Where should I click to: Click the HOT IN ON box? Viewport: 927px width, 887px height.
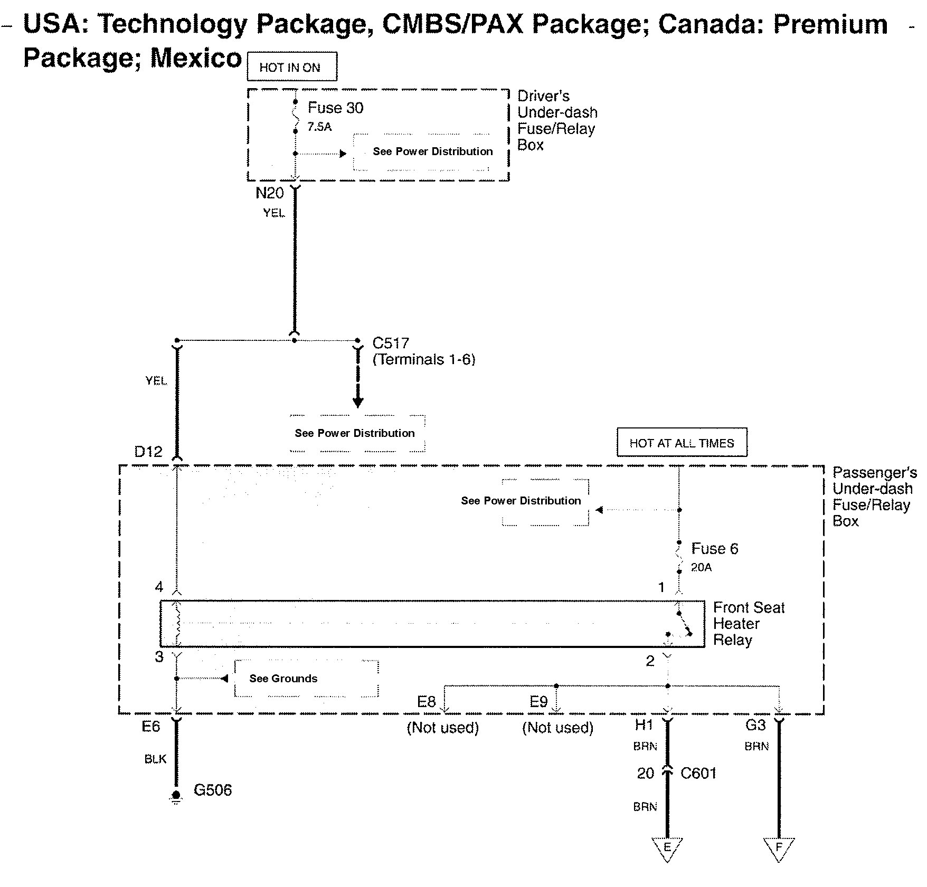[291, 67]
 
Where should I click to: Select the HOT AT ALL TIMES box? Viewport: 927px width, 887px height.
[682, 443]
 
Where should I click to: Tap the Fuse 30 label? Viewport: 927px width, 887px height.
[335, 108]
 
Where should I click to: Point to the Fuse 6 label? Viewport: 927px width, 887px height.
[714, 549]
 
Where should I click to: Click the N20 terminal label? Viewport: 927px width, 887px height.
[269, 194]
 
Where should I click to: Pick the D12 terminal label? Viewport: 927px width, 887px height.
[148, 452]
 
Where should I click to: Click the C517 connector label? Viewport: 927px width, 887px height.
[391, 344]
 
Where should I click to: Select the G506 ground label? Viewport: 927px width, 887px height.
[213, 790]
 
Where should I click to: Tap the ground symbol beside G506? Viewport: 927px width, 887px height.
[176, 796]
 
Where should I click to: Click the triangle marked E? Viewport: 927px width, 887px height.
[667, 848]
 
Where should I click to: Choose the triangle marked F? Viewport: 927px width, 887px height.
[779, 848]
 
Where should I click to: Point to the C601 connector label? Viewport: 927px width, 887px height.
[698, 774]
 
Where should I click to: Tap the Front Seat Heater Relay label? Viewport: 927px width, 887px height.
[748, 624]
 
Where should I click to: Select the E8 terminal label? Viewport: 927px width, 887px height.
[426, 702]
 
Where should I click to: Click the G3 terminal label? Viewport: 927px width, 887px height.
[755, 726]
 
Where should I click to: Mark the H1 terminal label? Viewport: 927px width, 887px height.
[644, 726]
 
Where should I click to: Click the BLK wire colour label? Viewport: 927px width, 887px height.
[155, 759]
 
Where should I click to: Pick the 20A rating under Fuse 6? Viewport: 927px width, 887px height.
[701, 568]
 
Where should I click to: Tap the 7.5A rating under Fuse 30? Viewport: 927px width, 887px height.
[319, 127]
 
